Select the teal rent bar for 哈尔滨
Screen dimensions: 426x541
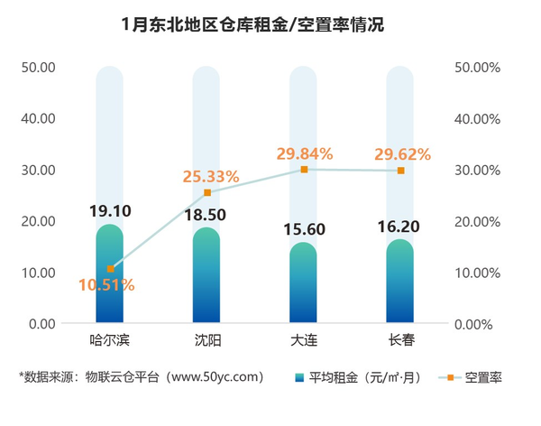tap(110, 289)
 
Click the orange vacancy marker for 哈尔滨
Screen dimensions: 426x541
tap(110, 269)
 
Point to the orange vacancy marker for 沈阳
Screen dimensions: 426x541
tap(207, 193)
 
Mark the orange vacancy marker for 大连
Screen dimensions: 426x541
tap(304, 170)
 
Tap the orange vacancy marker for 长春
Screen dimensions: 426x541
tap(400, 171)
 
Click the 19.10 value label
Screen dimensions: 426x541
tap(110, 211)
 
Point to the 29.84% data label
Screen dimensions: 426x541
tap(304, 153)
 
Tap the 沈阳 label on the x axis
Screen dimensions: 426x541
tap(206, 341)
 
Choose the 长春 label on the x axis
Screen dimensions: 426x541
tap(400, 341)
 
